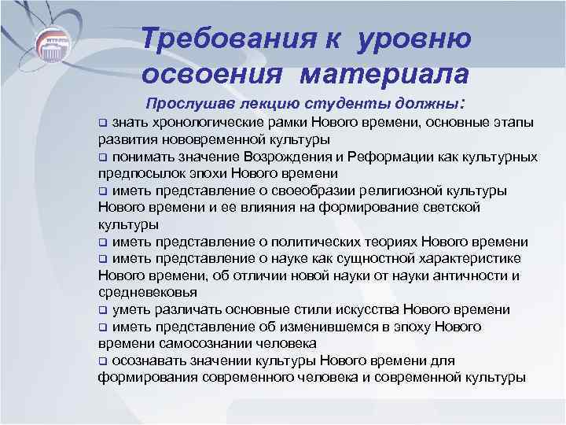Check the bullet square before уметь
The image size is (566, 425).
coord(102,310)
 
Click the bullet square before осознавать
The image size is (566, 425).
coord(102,361)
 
